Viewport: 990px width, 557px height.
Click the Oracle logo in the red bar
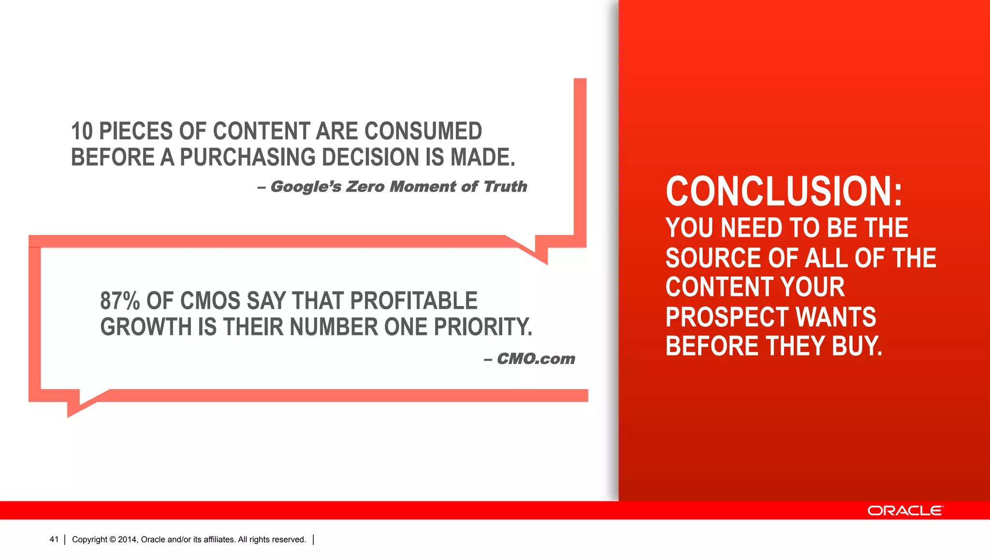coord(905,511)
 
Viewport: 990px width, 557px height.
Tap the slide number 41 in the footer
coord(54,540)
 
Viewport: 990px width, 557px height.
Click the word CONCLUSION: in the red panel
coord(784,191)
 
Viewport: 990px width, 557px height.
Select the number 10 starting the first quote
coord(82,132)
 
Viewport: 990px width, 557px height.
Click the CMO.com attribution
coord(536,359)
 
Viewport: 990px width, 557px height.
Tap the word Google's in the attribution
coord(306,187)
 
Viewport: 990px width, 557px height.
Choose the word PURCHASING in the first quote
coord(247,158)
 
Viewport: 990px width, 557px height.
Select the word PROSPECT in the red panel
coord(727,317)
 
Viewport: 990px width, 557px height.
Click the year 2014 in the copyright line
coord(128,540)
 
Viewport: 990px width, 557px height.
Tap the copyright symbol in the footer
coord(113,540)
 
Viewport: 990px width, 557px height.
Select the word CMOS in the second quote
coord(211,301)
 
